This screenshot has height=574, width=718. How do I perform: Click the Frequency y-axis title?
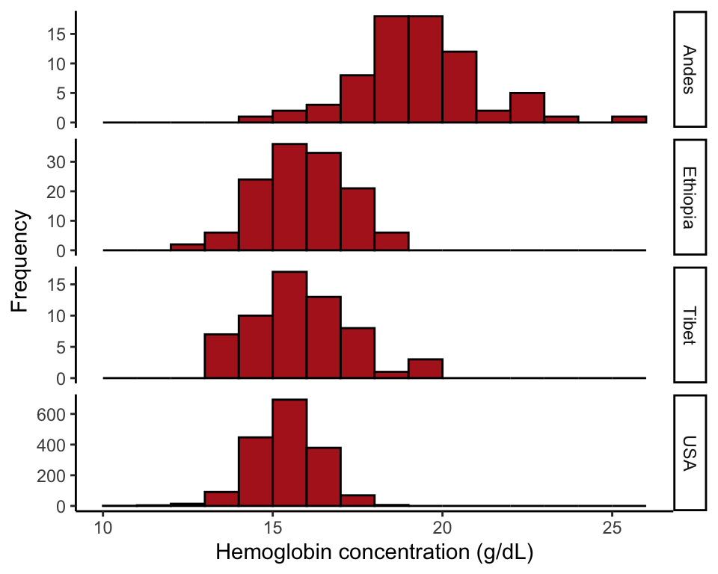tap(21, 262)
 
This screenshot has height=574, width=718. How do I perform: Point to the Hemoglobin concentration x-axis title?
tap(374, 553)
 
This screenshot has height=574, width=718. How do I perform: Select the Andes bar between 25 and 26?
tap(629, 120)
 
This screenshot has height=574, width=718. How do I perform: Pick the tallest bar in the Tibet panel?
tap(289, 325)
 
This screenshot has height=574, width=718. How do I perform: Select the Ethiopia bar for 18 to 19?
tap(392, 241)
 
